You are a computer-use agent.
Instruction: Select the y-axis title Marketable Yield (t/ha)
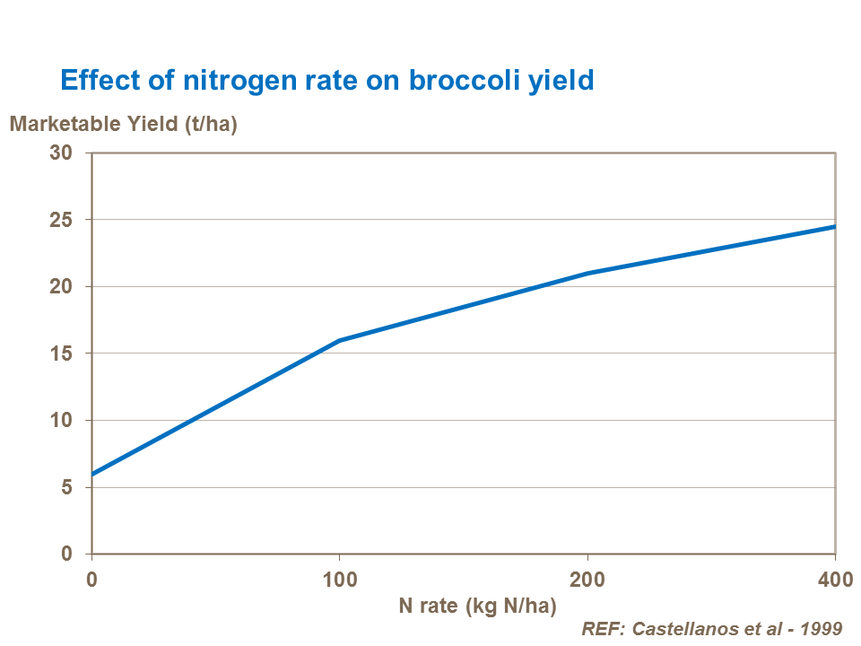(123, 125)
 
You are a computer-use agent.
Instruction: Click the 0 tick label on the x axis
(91, 580)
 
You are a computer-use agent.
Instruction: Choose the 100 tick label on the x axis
(340, 580)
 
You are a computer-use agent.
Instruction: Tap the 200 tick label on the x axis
(587, 580)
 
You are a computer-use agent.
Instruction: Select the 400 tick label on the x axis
(835, 580)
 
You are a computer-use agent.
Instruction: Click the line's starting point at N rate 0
(92, 474)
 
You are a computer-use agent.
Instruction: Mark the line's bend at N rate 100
(340, 340)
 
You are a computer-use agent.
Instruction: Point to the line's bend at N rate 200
(587, 273)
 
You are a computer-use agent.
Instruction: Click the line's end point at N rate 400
(835, 226)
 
